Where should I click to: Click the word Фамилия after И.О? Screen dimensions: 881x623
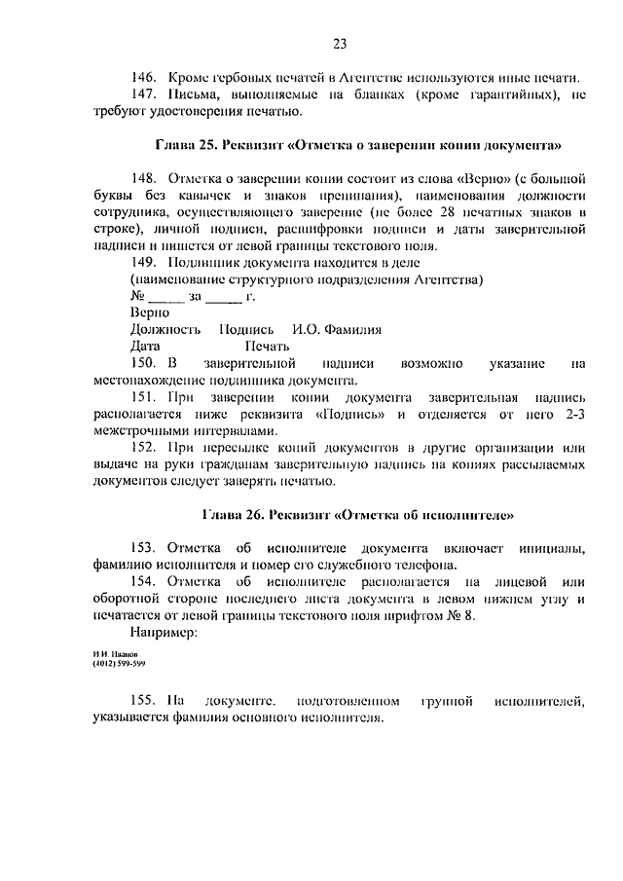(355, 329)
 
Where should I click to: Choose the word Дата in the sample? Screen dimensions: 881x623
(145, 346)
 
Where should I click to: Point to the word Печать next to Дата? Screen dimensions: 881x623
(267, 346)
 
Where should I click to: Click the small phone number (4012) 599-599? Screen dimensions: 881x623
(121, 664)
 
